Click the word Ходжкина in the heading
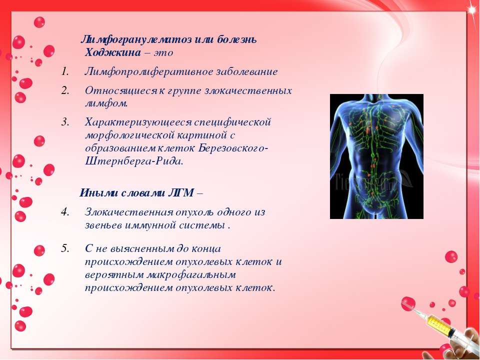click(112, 52)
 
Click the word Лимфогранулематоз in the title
click(136, 39)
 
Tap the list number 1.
click(64, 71)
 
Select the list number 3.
click(64, 122)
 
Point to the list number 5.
click(64, 248)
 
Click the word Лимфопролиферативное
click(149, 72)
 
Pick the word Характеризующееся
click(138, 122)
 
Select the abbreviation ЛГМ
click(181, 193)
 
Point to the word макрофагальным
click(191, 274)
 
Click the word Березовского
click(233, 148)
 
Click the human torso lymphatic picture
click(376, 156)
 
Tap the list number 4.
click(64, 212)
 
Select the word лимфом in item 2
click(106, 103)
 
